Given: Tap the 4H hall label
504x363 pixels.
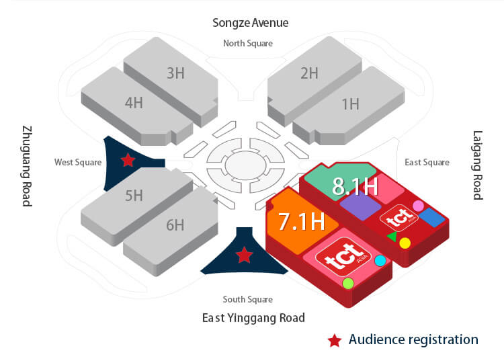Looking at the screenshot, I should [x=134, y=103].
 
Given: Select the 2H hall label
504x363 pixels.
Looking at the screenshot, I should [x=309, y=73].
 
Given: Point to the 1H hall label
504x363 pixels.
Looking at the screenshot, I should [x=350, y=104].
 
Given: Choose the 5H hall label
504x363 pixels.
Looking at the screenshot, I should [x=134, y=196].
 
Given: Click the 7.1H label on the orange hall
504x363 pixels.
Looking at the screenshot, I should [x=302, y=221].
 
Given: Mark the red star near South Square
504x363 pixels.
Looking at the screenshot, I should [x=245, y=255].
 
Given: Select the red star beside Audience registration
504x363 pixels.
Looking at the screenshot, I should [x=334, y=340].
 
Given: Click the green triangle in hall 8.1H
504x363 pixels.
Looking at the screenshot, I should [x=392, y=237].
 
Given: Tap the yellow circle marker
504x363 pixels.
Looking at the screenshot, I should [x=405, y=243].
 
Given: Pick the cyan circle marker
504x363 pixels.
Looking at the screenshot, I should [x=380, y=260].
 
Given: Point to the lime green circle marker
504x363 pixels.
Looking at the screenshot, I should [x=348, y=284].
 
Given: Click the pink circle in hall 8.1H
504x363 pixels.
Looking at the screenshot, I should [x=418, y=205].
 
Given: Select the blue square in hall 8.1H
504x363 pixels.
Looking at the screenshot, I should [x=432, y=217].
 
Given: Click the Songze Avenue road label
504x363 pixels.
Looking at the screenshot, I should [x=251, y=23].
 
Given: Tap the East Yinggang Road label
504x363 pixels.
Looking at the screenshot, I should [x=253, y=317].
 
